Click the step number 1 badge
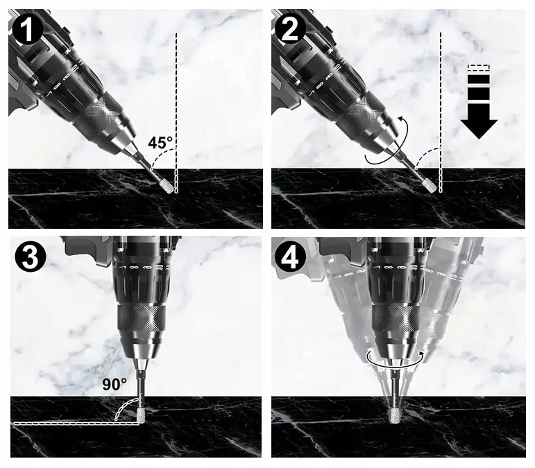point(27,29)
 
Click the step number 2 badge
point(290,29)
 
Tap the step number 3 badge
point(30,257)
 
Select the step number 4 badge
point(290,258)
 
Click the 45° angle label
point(160,142)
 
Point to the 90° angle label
point(114,384)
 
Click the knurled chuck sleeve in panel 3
point(142,319)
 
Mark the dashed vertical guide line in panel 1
point(176,113)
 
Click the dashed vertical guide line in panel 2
point(441,113)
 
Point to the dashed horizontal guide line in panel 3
point(77,424)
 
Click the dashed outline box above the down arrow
point(479,67)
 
